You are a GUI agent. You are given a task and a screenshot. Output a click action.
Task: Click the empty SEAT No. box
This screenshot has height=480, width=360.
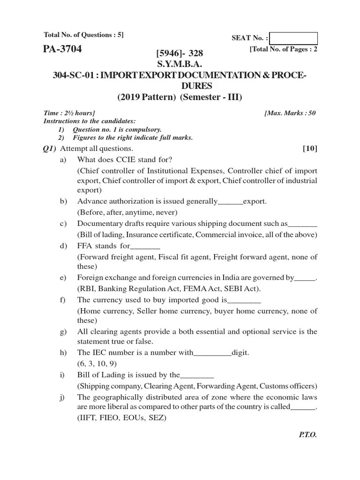coord(294,38)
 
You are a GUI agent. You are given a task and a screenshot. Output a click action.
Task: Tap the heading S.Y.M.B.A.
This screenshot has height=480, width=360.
coord(180,64)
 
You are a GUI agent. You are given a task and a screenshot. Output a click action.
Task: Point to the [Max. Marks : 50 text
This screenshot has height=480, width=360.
coord(290,113)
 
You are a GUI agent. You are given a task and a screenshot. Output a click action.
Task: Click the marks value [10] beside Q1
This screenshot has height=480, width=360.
coord(310,149)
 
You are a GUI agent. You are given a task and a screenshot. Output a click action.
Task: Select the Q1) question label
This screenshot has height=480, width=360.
coord(49,149)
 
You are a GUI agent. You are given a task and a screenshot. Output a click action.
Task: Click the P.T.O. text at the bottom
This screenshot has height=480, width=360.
coord(308,435)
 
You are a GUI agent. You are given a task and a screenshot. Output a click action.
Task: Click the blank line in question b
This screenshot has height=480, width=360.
coord(231,202)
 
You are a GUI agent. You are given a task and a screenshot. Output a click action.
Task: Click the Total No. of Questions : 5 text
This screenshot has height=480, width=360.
coord(83,35)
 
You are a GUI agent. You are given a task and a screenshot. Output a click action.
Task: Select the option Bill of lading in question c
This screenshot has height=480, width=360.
coord(99,234)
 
